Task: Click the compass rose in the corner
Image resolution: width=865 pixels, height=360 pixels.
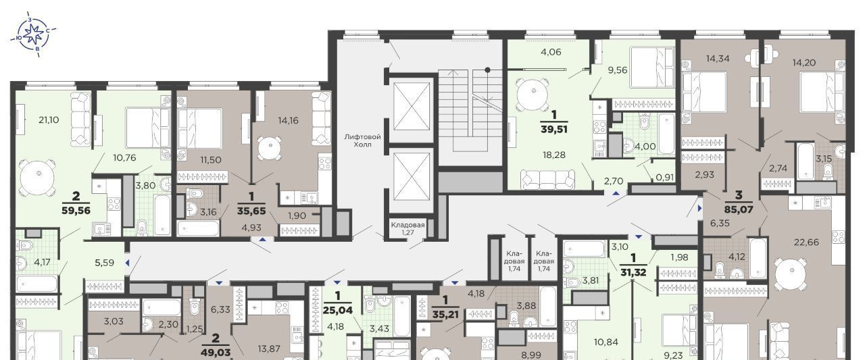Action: point(34,34)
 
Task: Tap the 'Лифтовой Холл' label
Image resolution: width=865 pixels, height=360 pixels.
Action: point(363,140)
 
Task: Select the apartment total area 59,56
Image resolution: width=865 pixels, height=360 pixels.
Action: point(76,210)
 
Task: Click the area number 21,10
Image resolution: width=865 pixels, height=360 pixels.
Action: point(49,120)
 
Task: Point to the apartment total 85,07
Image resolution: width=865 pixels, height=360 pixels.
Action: point(739,209)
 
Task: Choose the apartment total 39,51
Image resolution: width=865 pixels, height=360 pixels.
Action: point(554,129)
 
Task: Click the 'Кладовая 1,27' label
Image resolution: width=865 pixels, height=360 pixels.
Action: point(407,228)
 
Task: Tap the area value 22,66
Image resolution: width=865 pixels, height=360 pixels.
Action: point(807,242)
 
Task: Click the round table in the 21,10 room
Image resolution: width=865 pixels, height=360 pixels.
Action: point(37,178)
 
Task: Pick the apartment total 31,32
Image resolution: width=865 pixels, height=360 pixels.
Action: point(633,272)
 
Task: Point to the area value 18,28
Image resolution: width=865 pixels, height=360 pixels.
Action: point(554,155)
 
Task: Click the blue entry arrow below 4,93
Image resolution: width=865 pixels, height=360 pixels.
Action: point(263,239)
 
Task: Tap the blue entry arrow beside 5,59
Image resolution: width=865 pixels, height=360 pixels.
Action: point(127,263)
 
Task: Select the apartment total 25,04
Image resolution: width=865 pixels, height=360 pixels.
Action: point(339,310)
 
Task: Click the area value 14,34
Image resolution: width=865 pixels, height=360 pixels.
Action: point(718,58)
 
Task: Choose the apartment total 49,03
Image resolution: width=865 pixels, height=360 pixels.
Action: point(216,353)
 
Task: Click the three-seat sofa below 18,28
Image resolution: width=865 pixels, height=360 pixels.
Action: point(547,180)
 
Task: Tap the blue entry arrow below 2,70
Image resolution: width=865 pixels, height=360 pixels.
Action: point(617,192)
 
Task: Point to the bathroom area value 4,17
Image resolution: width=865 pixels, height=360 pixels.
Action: point(42,262)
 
